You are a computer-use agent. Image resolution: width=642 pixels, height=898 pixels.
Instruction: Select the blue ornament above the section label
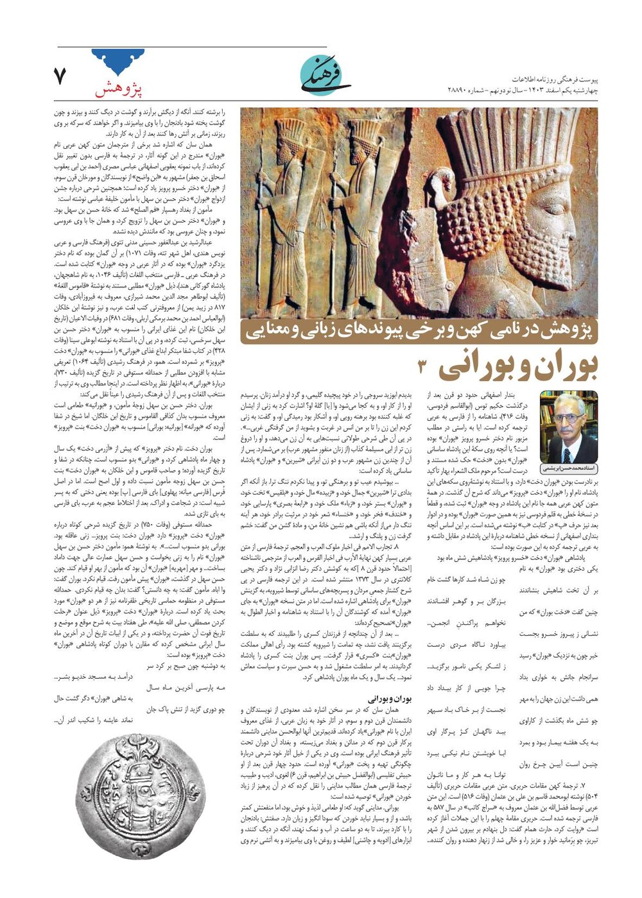click(118, 62)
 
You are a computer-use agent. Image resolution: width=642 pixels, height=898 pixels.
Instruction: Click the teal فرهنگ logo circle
click(325, 75)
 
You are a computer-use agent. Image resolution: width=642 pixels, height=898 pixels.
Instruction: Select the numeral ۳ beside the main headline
click(423, 368)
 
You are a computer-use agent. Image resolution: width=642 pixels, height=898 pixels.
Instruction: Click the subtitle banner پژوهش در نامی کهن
click(421, 330)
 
